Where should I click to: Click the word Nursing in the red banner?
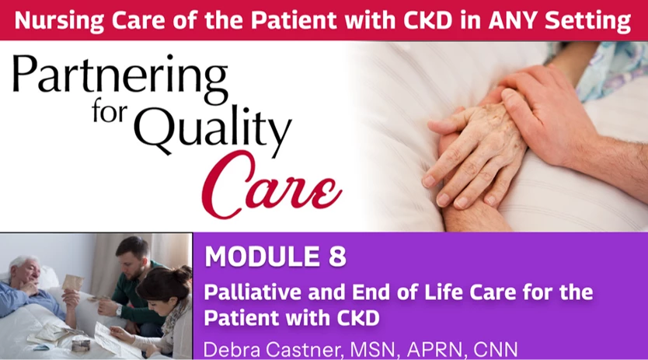pos(59,20)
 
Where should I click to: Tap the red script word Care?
pos(271,184)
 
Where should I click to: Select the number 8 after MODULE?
pos(337,257)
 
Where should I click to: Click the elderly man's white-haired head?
pos(25,271)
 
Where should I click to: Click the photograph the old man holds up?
pos(73,282)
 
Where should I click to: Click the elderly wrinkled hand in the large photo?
pos(476,154)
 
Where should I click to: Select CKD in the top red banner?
pos(428,20)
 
